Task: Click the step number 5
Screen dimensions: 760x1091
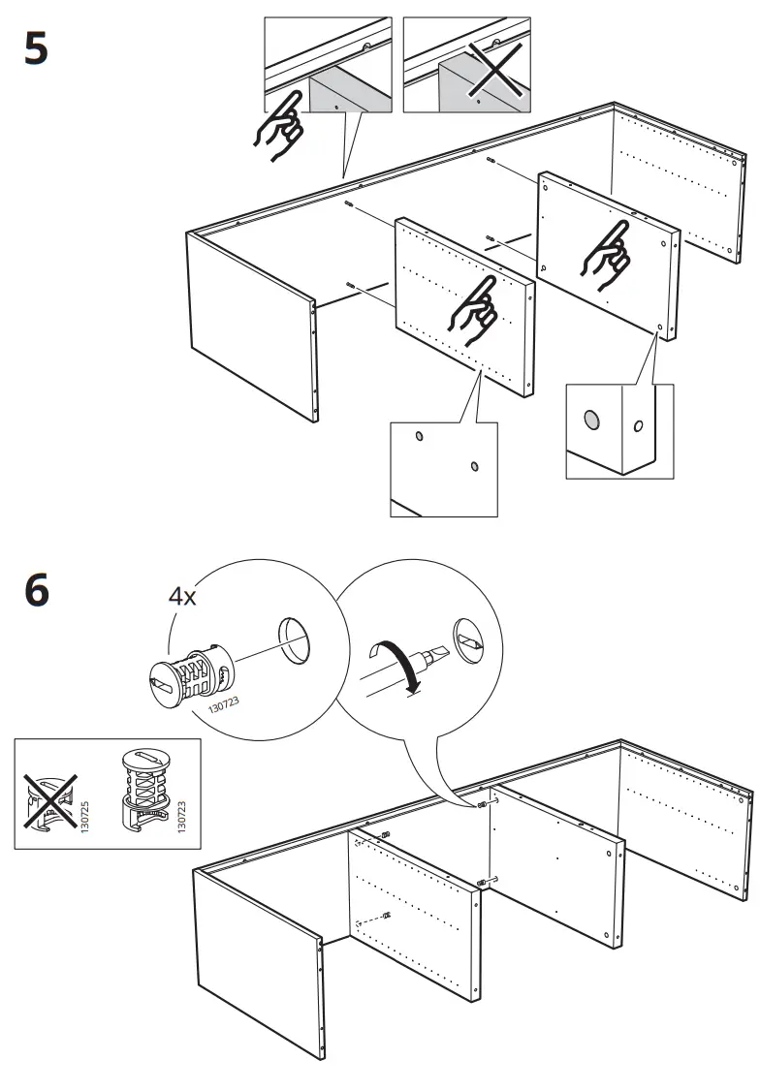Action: [x=36, y=49]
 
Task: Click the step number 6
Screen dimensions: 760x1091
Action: [x=37, y=591]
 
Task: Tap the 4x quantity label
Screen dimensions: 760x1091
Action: [x=182, y=596]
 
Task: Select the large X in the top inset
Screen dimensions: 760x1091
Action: [x=494, y=69]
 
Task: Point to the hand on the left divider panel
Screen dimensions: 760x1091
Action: [x=474, y=311]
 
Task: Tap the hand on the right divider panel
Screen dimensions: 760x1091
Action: [x=606, y=256]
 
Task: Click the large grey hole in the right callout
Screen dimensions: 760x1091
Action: [x=591, y=421]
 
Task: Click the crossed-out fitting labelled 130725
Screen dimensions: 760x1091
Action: [x=50, y=801]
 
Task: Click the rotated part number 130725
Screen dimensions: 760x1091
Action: [x=85, y=817]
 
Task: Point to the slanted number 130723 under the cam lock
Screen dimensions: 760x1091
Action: [x=224, y=705]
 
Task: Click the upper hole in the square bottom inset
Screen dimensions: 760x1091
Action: [x=419, y=436]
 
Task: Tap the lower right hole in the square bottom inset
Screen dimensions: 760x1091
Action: [x=474, y=465]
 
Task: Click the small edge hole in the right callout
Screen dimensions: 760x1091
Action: [x=638, y=425]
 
